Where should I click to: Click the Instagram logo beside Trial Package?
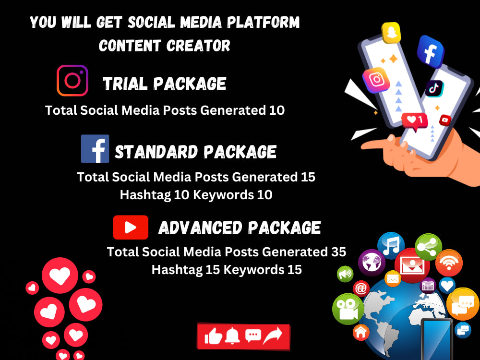72,81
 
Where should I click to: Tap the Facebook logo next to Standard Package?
95,149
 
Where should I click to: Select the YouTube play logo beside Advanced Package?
131,228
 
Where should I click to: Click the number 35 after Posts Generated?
338,252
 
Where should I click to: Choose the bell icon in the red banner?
233,336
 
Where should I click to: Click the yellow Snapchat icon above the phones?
391,33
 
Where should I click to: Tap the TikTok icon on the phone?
434,88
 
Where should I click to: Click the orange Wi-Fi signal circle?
449,263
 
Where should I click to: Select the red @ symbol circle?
361,288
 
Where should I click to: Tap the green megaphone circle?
345,274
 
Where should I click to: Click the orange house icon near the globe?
361,331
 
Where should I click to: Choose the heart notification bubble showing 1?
415,120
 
